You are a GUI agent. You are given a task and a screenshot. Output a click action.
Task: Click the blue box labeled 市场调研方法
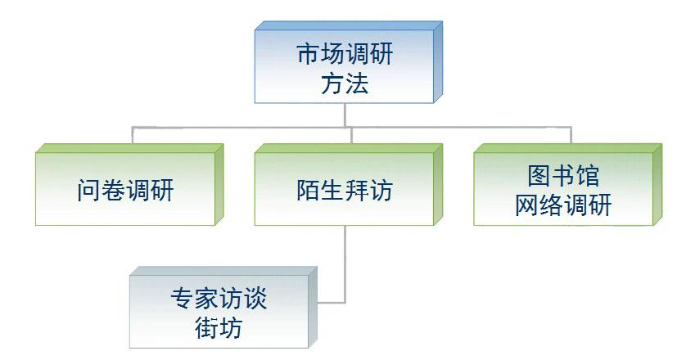pyautogui.click(x=349, y=62)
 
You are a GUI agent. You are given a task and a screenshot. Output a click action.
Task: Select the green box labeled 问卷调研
pyautogui.click(x=129, y=184)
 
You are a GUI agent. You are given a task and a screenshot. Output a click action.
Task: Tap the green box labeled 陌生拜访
pyautogui.click(x=349, y=184)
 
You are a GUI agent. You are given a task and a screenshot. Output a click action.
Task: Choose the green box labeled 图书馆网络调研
pyautogui.click(x=567, y=184)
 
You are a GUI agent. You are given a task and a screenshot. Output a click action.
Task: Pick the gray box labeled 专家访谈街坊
pyautogui.click(x=223, y=308)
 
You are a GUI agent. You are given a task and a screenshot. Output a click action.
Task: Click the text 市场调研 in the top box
pyautogui.click(x=345, y=54)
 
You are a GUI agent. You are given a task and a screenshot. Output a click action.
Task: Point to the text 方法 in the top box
pyautogui.click(x=345, y=83)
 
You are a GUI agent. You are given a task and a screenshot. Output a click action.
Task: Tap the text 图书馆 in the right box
pyautogui.click(x=563, y=175)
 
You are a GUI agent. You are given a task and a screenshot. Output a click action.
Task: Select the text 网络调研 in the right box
pyautogui.click(x=563, y=205)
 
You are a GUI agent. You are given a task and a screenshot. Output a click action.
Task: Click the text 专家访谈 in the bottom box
pyautogui.click(x=219, y=299)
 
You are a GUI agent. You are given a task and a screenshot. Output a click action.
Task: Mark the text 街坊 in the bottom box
pyautogui.click(x=219, y=327)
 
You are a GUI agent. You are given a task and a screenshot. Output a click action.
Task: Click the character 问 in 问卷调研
pyautogui.click(x=89, y=190)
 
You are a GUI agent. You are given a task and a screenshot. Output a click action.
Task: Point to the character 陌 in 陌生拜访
pyautogui.click(x=309, y=190)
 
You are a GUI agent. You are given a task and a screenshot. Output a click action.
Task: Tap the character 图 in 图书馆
pyautogui.click(x=539, y=175)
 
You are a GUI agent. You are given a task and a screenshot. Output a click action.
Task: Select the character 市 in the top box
pyautogui.click(x=309, y=54)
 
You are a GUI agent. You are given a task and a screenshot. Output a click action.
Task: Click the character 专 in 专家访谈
pyautogui.click(x=183, y=299)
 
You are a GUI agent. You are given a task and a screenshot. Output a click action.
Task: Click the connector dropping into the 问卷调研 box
pyautogui.click(x=133, y=135)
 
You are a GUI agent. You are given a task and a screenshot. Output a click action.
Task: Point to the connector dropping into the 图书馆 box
pyautogui.click(x=571, y=135)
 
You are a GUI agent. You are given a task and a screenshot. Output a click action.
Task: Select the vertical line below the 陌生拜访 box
pyautogui.click(x=345, y=263)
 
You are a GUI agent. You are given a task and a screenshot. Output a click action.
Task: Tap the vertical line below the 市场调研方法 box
pyautogui.click(x=345, y=115)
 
